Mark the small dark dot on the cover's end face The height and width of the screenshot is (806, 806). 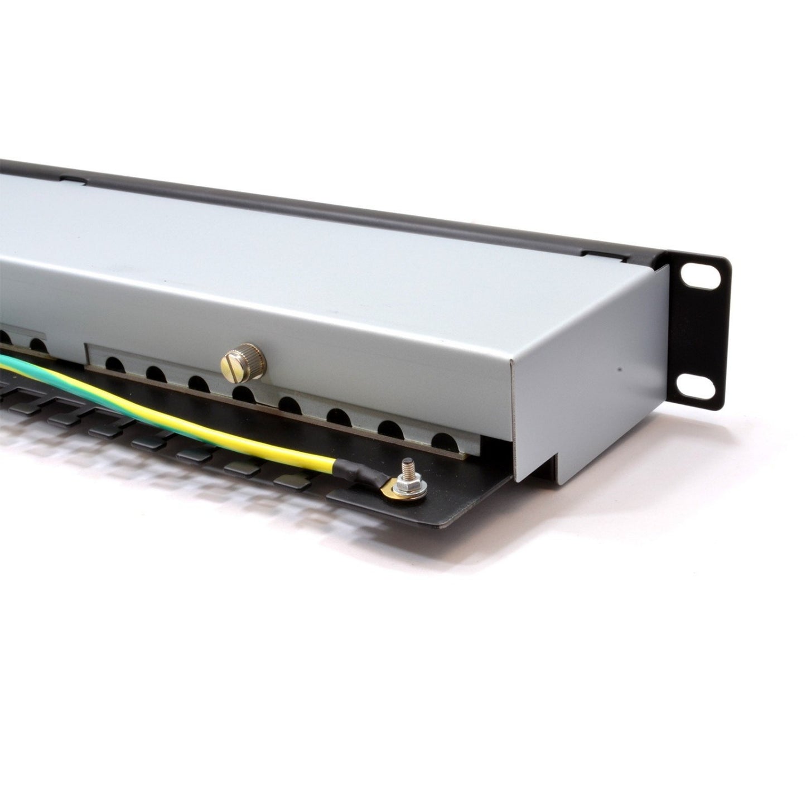click(x=617, y=369)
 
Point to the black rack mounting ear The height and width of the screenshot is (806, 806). click(x=697, y=335)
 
